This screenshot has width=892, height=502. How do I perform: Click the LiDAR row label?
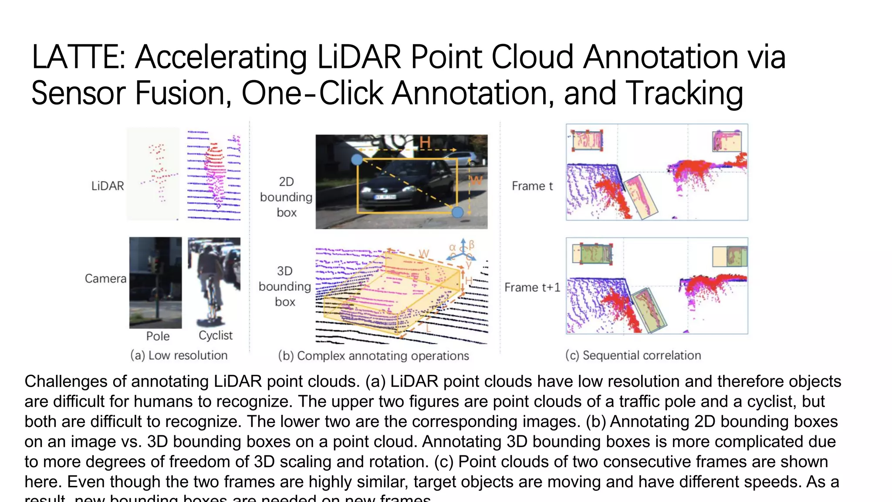click(108, 186)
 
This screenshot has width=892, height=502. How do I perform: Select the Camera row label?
click(105, 278)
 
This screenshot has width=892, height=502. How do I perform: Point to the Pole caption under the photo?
click(158, 336)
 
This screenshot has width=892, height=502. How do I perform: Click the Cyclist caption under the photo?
click(216, 336)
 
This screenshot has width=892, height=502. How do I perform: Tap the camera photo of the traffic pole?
click(155, 282)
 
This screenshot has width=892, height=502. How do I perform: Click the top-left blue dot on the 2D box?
click(357, 159)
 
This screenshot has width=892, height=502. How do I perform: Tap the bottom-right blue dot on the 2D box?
click(457, 212)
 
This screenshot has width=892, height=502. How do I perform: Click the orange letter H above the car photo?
click(425, 142)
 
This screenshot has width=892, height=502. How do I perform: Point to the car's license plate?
click(385, 197)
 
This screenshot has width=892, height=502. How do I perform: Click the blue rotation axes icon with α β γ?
click(463, 252)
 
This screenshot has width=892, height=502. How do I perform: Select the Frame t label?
click(532, 186)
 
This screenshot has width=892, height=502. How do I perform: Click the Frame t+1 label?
click(532, 288)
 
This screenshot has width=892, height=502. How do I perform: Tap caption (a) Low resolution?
click(179, 356)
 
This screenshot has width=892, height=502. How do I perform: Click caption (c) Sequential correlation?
click(633, 356)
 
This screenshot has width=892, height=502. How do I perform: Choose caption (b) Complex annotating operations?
click(373, 356)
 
